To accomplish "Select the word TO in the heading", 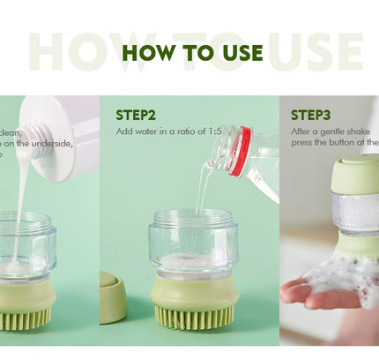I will click(191, 52).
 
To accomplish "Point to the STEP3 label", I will click(310, 115).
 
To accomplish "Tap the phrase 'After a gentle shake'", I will click(325, 131).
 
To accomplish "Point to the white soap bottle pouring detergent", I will click(62, 132).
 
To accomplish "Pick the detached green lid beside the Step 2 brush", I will click(112, 297).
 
